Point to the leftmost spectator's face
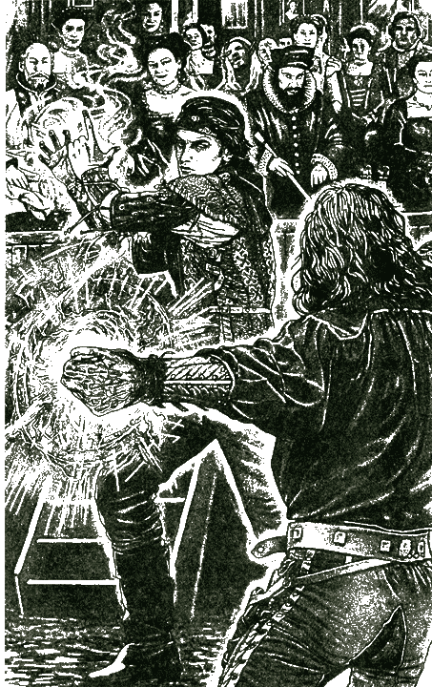38,62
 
